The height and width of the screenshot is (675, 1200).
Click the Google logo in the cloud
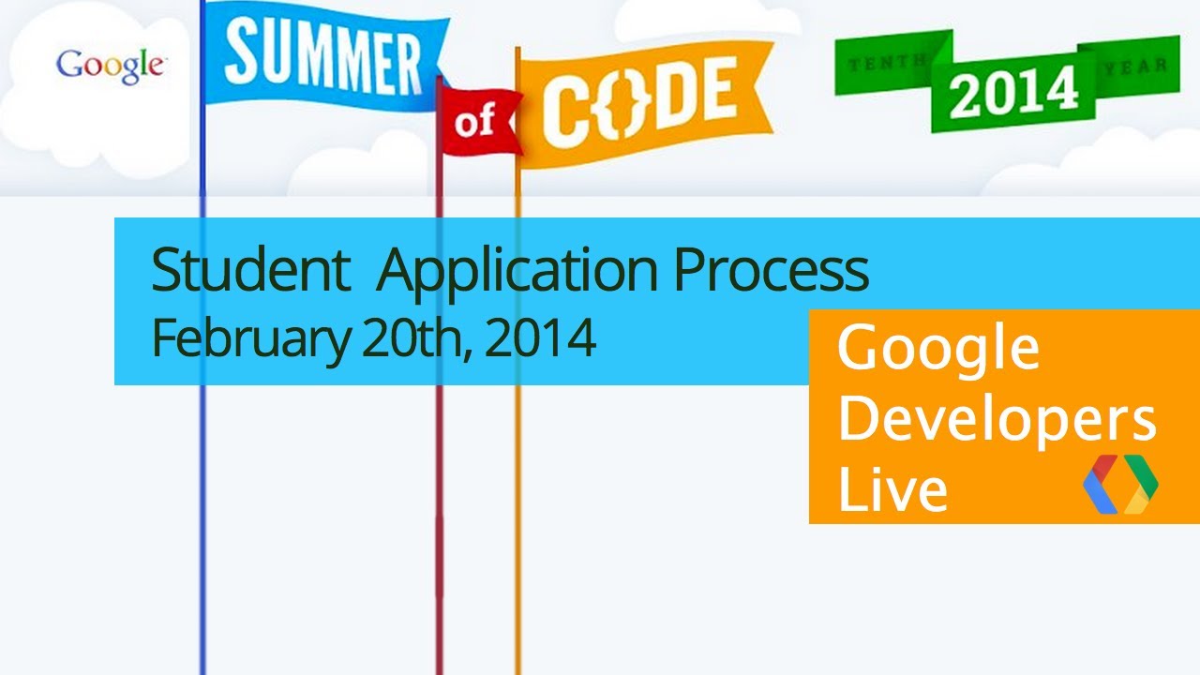[111, 66]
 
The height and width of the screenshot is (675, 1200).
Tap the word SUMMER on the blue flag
[323, 56]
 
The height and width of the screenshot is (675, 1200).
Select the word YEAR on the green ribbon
[1136, 67]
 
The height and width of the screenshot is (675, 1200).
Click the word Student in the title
[247, 271]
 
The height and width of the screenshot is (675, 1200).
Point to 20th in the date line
[416, 337]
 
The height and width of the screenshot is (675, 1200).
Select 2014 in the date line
[541, 337]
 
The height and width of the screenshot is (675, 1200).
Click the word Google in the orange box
[937, 350]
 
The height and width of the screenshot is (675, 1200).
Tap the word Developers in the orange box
[997, 421]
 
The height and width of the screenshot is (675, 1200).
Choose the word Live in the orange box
[892, 490]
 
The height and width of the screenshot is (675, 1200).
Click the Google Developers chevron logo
[1120, 484]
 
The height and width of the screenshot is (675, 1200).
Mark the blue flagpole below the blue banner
[202, 525]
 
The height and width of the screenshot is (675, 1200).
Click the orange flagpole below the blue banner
[517, 525]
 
